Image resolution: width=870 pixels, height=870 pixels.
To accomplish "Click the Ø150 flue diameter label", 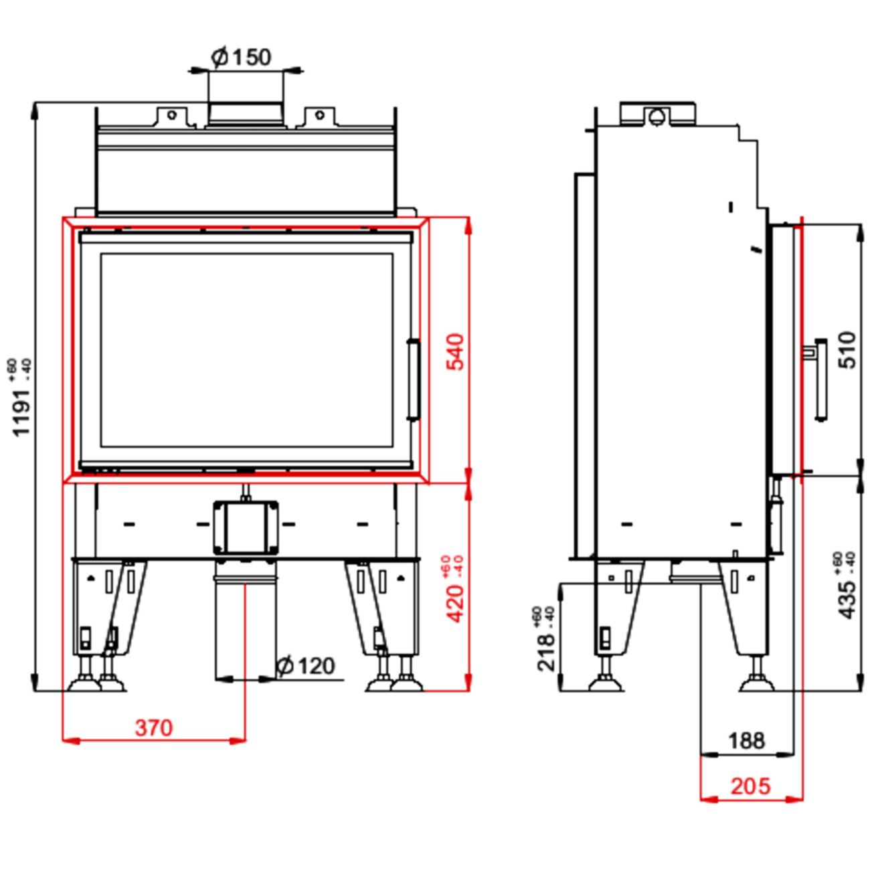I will [242, 57].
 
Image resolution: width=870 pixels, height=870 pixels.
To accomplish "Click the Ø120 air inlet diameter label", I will [306, 666].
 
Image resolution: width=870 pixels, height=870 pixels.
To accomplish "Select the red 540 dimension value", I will [455, 351].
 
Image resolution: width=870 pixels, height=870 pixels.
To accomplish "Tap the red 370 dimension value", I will [153, 727].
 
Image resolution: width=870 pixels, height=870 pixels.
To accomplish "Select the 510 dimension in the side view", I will [847, 349].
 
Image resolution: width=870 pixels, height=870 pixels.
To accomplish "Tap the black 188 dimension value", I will [746, 741].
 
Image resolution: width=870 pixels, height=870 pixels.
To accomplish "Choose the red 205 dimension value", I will [750, 786].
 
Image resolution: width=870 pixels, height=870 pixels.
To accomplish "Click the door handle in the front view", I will [414, 380].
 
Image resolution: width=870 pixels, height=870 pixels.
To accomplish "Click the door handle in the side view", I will [820, 379].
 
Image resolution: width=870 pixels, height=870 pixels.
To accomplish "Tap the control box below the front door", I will [246, 526].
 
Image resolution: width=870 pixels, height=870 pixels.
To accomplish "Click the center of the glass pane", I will [246, 350].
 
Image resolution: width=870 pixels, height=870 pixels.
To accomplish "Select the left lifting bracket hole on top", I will [171, 115].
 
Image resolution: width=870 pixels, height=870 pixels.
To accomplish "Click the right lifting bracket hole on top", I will [320, 115].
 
